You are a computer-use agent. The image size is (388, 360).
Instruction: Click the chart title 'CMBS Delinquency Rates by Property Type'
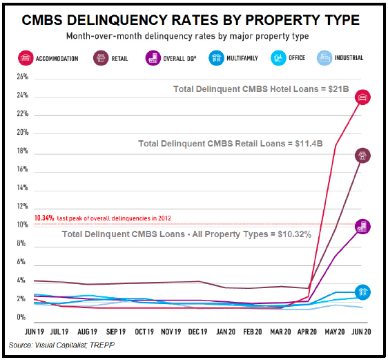coord(194,19)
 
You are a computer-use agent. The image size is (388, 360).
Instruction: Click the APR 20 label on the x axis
coord(307,331)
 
